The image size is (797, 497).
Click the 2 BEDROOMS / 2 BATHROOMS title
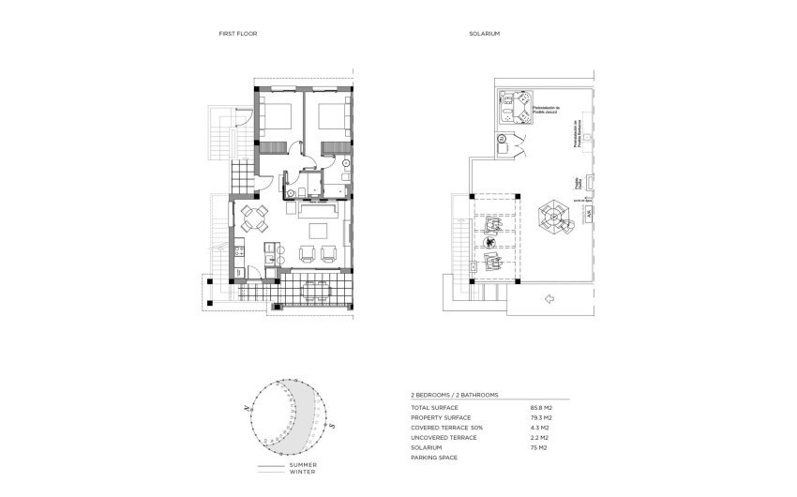455,397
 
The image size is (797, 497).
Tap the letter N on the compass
246,408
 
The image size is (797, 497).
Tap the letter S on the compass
332,426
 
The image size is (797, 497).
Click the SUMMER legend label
303,465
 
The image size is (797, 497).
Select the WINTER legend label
302,472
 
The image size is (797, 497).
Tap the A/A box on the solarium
588,216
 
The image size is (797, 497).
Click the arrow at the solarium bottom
549,299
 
